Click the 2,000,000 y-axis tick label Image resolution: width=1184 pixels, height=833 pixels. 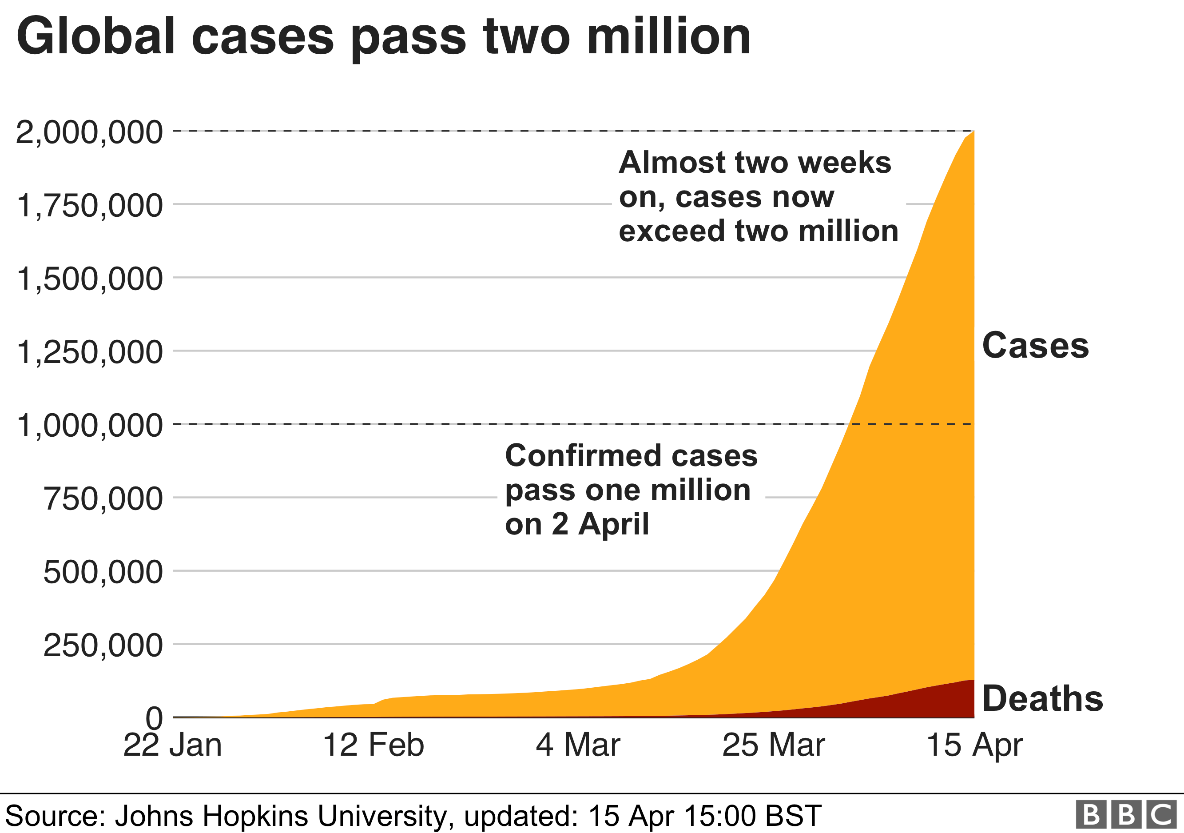pos(89,132)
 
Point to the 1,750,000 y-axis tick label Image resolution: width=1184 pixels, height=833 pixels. pos(89,206)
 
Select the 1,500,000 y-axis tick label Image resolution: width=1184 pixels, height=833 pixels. pos(89,279)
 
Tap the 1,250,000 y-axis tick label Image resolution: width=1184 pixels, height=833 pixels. pos(89,352)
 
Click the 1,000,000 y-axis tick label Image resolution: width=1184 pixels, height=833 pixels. pos(89,426)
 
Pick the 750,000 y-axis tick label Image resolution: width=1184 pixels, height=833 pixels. pos(103,499)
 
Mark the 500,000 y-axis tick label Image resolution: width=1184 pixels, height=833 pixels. pos(103,572)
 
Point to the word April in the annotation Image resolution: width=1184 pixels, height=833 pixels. pos(613,525)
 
